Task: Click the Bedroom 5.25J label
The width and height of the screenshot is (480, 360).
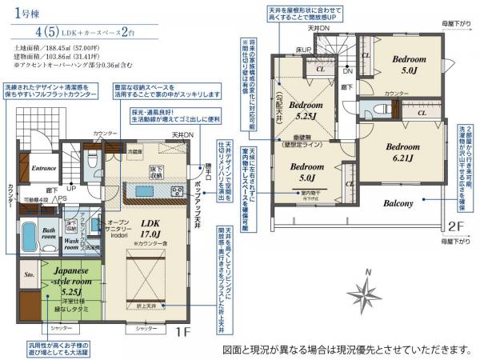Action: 305,110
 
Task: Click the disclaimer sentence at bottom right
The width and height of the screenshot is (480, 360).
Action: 345,350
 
